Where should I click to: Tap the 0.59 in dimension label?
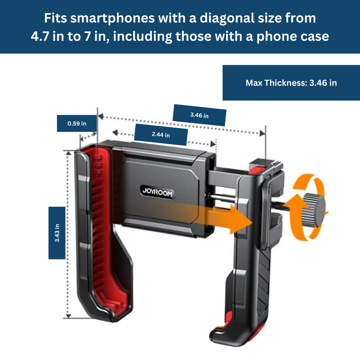coord(77,123)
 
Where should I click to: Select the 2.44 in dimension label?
coord(161,135)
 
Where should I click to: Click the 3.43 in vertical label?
coord(57,233)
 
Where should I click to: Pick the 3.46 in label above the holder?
coord(199,115)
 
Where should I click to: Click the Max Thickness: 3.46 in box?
coord(291,83)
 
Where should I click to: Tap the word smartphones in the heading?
coord(112,18)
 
